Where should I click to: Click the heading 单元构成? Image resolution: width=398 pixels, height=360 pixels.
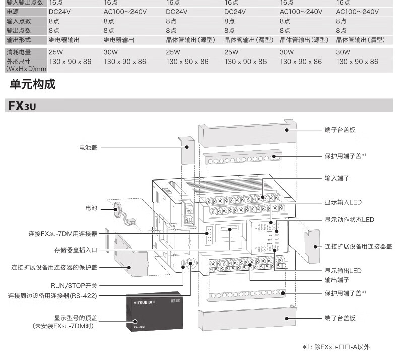click(x=32, y=85)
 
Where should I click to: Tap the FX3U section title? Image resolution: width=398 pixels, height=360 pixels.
click(x=22, y=106)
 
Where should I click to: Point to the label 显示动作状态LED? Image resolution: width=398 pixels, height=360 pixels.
click(x=350, y=220)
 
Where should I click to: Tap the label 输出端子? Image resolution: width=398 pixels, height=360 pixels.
click(x=337, y=280)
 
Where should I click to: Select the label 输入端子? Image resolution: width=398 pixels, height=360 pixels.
click(x=337, y=178)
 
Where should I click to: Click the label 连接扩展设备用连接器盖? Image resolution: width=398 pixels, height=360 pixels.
click(x=358, y=246)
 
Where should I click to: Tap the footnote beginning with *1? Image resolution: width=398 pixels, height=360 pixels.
click(x=336, y=347)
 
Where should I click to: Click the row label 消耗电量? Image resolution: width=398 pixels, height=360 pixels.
click(x=19, y=52)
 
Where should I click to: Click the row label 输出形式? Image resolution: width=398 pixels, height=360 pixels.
click(x=19, y=40)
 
